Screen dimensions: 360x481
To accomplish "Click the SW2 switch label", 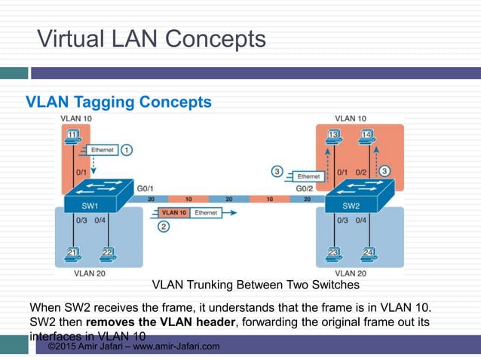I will pos(351,206).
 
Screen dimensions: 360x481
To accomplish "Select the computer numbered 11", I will pos(72,136).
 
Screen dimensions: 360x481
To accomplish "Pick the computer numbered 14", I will pos(368,136).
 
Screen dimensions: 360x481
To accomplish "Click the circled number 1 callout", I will pos(127,150).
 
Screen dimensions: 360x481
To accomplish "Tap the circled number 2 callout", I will pos(163,226).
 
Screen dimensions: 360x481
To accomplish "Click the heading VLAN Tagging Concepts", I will pos(119,101).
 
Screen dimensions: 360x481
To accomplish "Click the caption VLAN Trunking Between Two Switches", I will pos(256,285).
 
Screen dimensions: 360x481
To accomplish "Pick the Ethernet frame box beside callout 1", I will pos(102,150).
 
